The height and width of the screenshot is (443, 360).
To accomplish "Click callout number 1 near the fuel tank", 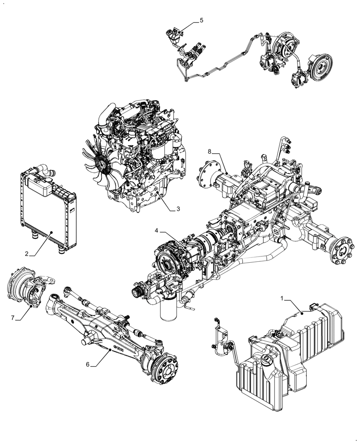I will (x=282, y=299).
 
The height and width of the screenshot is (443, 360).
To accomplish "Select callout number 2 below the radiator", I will (x=27, y=254).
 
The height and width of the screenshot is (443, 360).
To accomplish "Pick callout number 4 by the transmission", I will (x=157, y=231).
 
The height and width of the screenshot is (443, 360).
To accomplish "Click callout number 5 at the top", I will (x=201, y=20).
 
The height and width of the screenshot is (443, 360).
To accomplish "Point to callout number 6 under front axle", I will (x=88, y=364).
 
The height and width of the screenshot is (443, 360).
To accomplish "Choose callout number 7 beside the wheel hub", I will (x=12, y=317).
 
